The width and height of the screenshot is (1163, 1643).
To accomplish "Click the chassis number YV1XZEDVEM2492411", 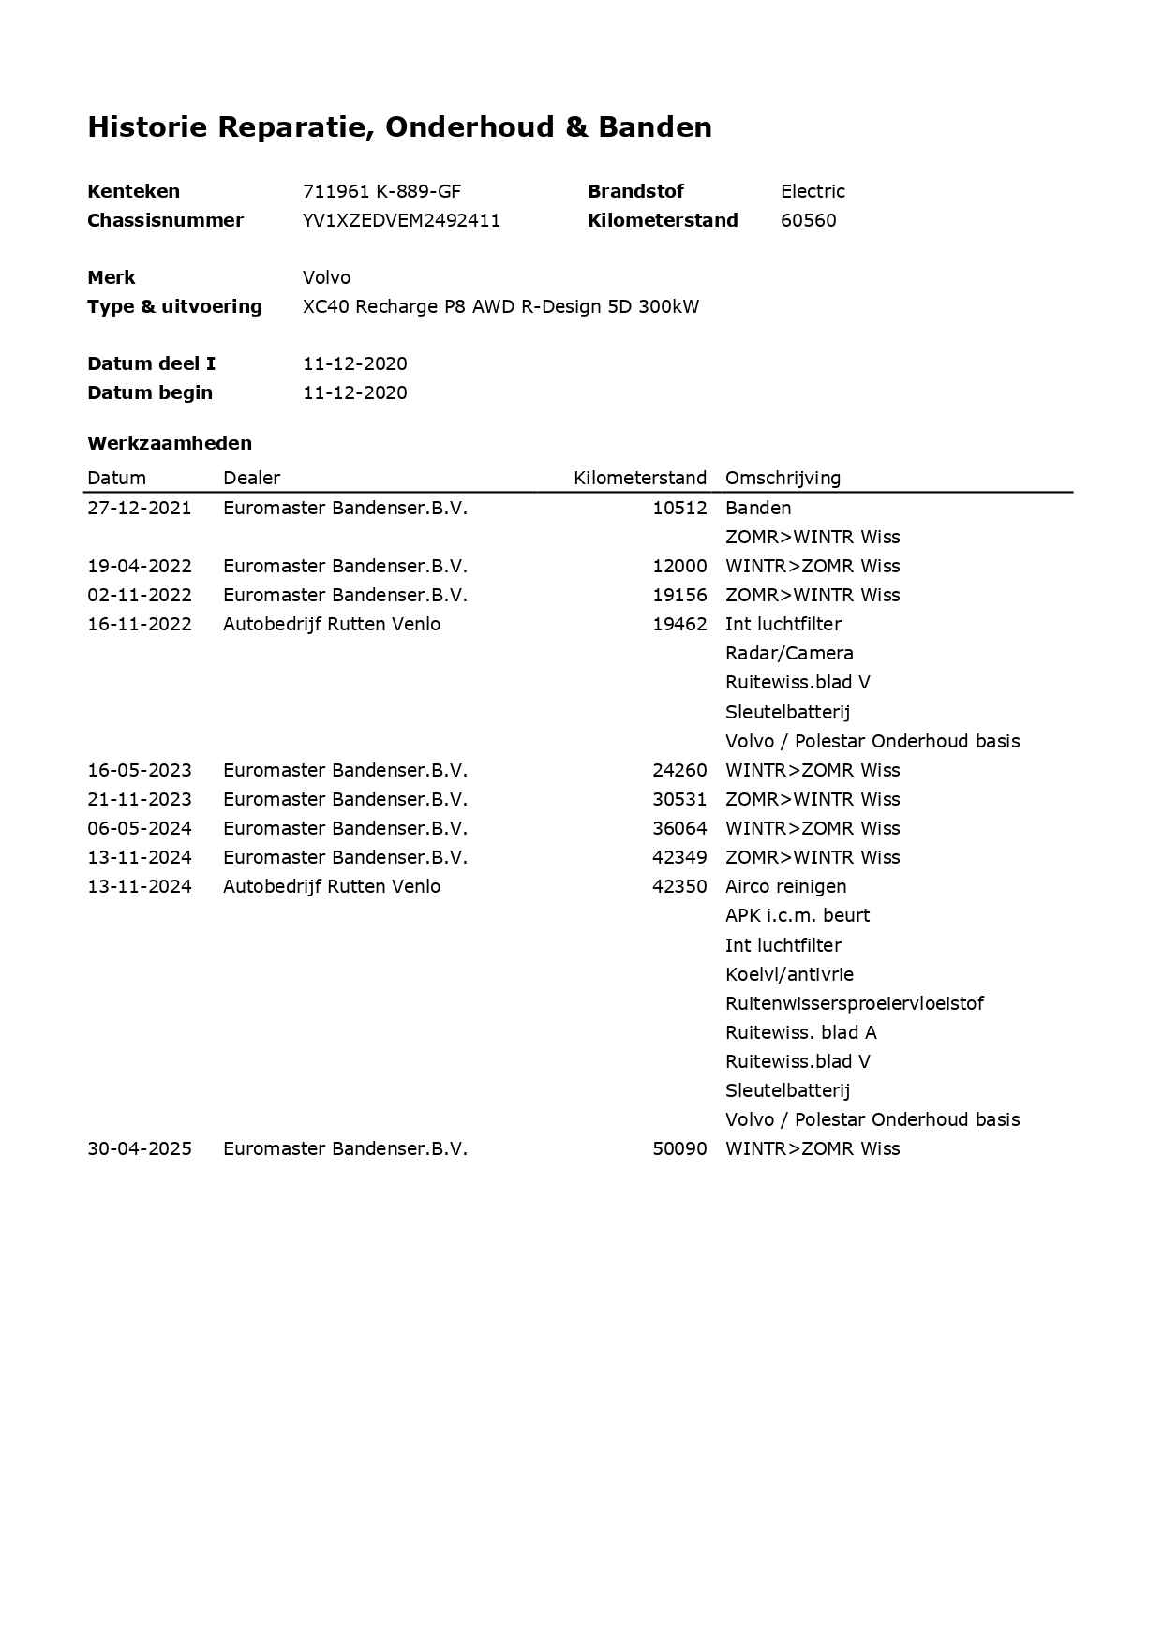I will pos(401,220).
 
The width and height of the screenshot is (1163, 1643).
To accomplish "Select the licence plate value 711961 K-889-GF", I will pos(381,191).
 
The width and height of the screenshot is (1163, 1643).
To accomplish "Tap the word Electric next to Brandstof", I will pos(813,191).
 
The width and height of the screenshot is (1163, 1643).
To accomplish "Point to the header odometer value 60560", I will pos(808,220).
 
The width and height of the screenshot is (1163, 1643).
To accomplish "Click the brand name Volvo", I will pos(326,277).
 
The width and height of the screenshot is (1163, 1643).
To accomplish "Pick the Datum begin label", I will pos(150,392).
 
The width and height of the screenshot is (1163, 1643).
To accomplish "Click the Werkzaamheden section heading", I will pos(170,443).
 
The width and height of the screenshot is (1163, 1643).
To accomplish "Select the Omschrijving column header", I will pos(783,478).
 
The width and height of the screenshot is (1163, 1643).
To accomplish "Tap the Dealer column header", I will pos(251,478).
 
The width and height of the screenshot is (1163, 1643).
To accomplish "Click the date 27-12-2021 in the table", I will pos(140,508).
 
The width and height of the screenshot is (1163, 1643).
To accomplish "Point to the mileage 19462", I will pos(679,624).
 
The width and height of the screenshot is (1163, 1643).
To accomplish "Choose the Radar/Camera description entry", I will pos(789,653).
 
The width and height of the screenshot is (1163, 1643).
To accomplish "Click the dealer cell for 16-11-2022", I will pos(331,624).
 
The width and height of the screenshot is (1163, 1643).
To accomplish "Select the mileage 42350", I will pos(679,886).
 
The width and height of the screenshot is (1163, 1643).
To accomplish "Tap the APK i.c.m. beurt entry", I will pos(797,915).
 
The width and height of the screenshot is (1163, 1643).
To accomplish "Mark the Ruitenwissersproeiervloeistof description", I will pos(854,1003).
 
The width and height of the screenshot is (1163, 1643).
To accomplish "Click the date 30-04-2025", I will pos(140,1148).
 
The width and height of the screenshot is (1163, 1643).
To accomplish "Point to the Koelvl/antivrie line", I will pos(789,974).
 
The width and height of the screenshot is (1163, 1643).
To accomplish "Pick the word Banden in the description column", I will pos(758,508).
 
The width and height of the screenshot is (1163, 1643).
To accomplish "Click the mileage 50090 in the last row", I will pos(679,1148).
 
